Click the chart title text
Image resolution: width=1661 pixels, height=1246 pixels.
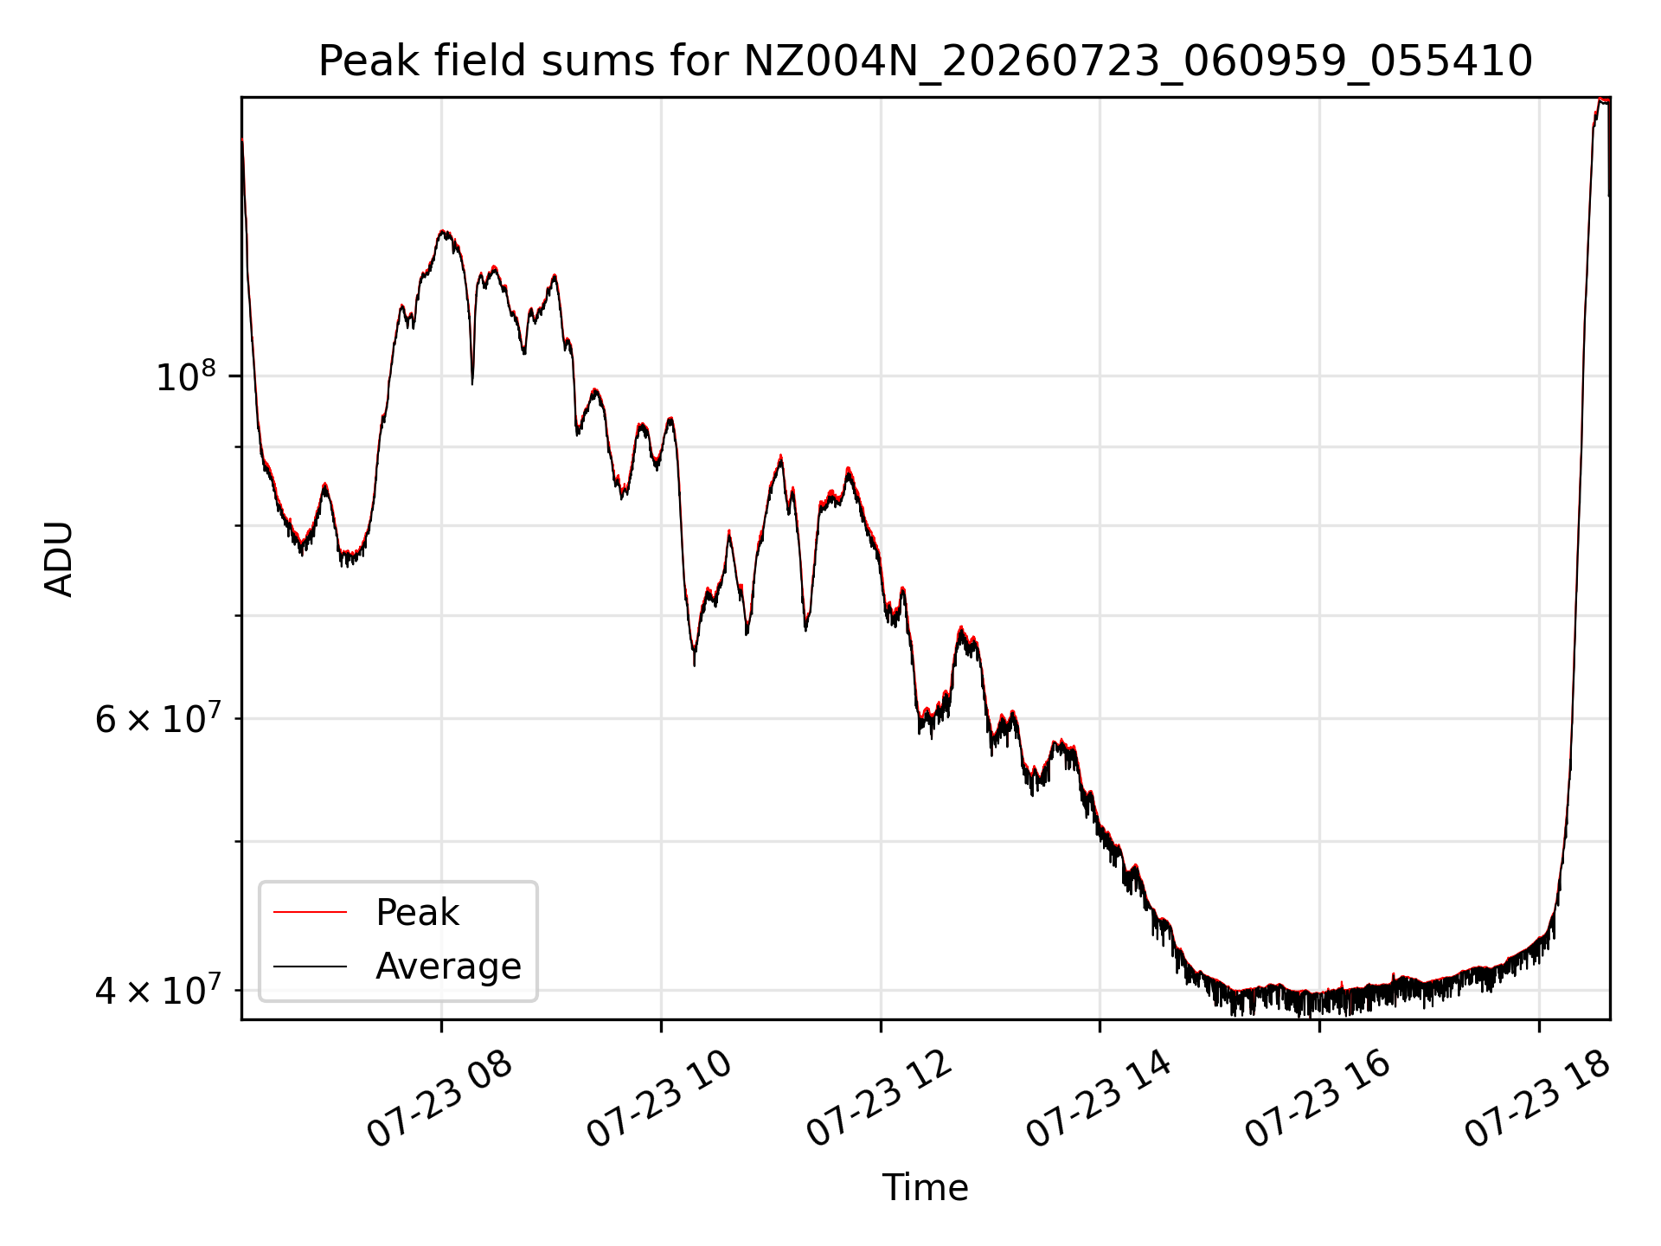(x=925, y=61)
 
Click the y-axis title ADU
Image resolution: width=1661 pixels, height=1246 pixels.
(x=59, y=558)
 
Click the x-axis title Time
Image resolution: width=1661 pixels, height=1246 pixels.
(x=925, y=1187)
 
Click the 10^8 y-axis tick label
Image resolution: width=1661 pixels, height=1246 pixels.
(x=185, y=377)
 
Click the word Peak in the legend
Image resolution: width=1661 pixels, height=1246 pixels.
(x=417, y=913)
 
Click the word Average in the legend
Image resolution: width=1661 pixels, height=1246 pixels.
(x=448, y=967)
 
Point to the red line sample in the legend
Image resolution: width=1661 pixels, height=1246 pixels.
(x=310, y=912)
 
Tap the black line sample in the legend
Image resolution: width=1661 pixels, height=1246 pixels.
(x=310, y=966)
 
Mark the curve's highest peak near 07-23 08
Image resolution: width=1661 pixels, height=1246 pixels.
(x=444, y=231)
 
